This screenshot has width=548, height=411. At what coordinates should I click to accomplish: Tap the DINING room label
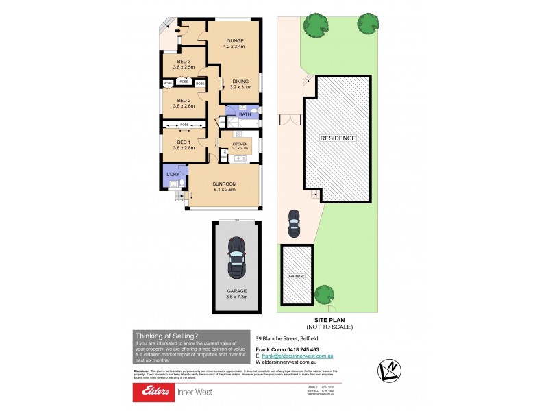240,82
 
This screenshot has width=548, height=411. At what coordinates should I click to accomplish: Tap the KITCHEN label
239,145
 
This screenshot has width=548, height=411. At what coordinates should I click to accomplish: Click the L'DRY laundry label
172,174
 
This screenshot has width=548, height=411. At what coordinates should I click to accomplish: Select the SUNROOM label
224,184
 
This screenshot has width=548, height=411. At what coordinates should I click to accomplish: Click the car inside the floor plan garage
236,257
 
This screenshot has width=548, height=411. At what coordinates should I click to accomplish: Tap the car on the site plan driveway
295,221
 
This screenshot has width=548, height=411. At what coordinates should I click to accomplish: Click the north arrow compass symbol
389,370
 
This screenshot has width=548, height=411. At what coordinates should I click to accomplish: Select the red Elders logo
155,392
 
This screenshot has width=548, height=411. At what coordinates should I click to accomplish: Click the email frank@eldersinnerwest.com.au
300,356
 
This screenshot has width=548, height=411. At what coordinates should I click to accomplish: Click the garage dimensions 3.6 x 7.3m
236,297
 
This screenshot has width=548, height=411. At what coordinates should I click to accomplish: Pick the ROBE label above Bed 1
184,125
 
